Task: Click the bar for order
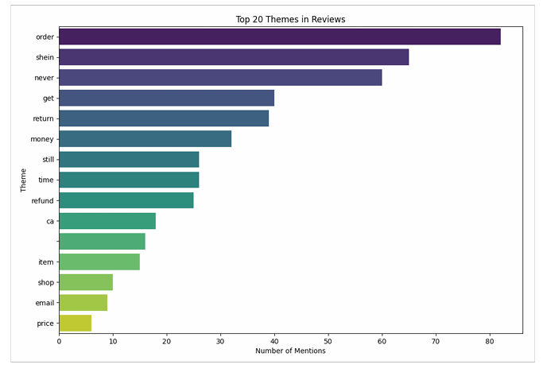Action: tap(279, 37)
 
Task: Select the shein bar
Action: tap(234, 57)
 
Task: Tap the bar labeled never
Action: tap(220, 77)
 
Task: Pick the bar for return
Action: tap(164, 118)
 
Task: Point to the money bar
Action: tap(145, 139)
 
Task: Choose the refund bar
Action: tap(126, 200)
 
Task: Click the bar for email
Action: tap(83, 302)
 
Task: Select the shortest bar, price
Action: tap(75, 323)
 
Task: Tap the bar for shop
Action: tap(86, 282)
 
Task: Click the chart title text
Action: tap(290, 19)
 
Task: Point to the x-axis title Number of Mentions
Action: tap(290, 351)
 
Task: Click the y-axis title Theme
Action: tap(24, 180)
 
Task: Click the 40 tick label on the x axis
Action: tap(274, 341)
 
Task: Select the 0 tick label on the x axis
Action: tap(59, 341)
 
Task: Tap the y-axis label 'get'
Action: tap(48, 98)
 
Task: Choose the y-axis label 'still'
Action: tap(48, 159)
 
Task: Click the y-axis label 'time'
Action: tap(46, 180)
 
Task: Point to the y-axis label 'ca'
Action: tap(49, 220)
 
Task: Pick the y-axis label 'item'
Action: tap(46, 262)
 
